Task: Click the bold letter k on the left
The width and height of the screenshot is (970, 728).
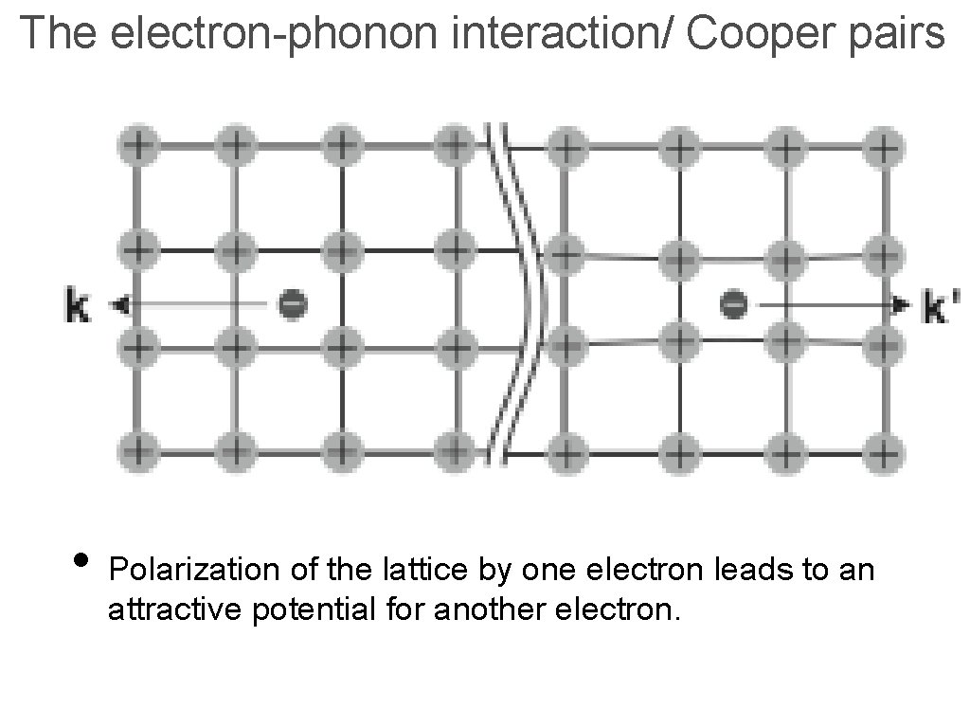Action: [79, 306]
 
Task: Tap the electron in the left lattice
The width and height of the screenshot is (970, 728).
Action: [292, 304]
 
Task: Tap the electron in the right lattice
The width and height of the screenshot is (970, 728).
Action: [733, 304]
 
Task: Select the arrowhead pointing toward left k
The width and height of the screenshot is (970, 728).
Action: [117, 304]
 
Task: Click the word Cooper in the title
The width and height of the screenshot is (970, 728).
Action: [750, 34]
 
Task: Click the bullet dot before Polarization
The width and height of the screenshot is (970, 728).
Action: [81, 558]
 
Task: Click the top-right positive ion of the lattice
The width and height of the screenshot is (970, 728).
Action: [883, 147]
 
